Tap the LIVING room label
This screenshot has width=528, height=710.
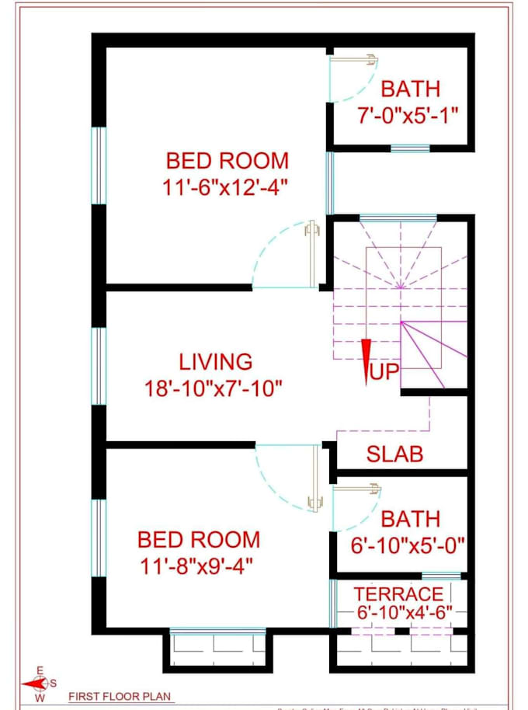click(x=215, y=361)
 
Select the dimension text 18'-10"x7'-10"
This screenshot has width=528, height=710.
click(x=212, y=387)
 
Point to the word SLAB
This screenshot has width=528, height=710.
click(x=394, y=454)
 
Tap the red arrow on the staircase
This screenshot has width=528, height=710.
click(x=365, y=362)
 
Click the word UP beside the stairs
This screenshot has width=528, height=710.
click(x=384, y=373)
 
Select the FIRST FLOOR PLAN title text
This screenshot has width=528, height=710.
click(x=120, y=696)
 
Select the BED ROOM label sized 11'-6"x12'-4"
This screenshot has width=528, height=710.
click(x=227, y=161)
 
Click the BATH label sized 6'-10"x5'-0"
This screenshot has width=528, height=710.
click(x=410, y=518)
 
